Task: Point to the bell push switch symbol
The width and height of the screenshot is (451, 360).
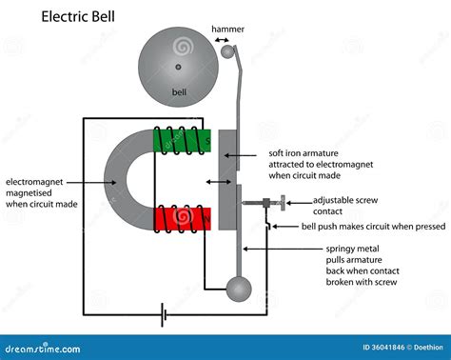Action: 271,225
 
